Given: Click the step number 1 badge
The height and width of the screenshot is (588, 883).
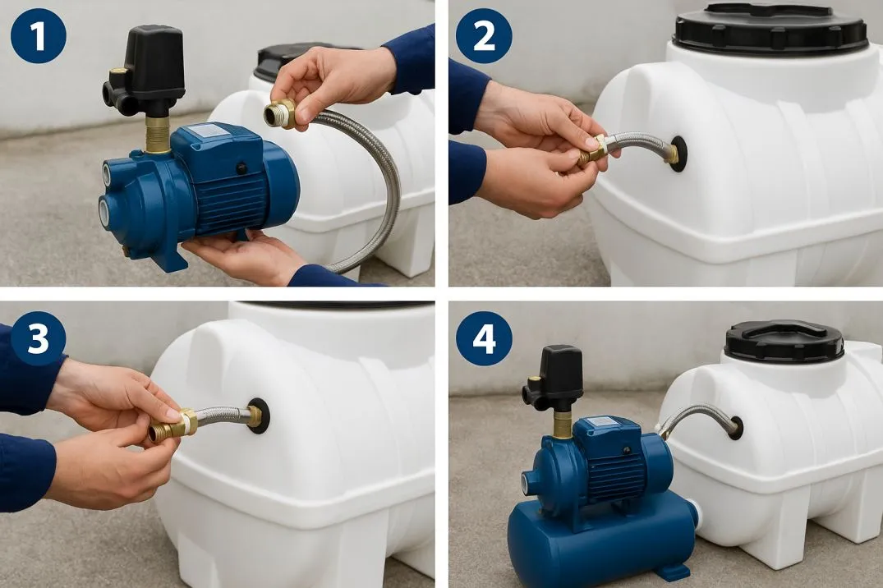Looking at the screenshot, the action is (x=39, y=35).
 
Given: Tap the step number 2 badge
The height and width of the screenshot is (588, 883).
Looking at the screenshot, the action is (x=484, y=35).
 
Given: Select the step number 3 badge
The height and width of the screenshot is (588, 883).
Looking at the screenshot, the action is (x=39, y=338).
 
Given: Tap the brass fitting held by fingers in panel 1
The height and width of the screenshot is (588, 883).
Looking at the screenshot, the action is (x=280, y=113).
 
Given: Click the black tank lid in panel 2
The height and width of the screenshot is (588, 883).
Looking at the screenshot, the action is (x=770, y=26).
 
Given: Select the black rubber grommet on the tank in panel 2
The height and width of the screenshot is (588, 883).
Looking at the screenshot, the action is (x=678, y=154).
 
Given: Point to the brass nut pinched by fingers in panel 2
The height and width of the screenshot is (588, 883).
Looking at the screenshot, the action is (x=591, y=152).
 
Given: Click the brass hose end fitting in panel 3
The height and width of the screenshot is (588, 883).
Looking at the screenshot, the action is (x=172, y=425).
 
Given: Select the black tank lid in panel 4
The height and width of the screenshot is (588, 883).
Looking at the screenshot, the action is (x=784, y=342).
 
